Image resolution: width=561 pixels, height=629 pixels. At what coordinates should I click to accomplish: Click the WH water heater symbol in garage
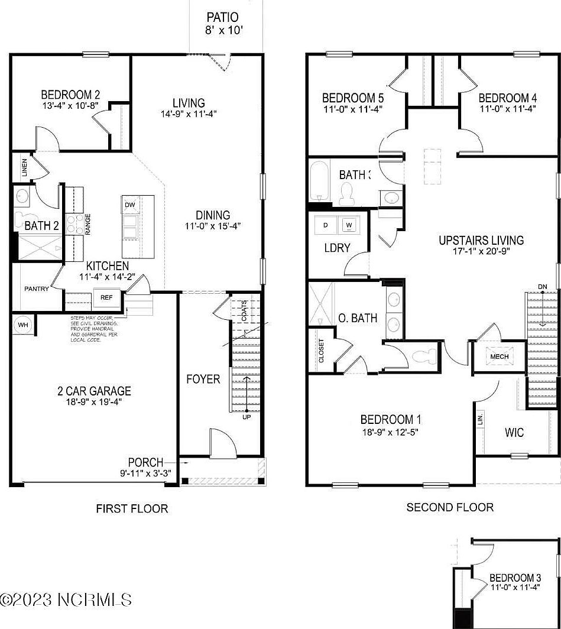pyautogui.click(x=24, y=325)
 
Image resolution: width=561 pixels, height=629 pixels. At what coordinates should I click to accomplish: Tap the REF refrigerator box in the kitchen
pyautogui.click(x=106, y=297)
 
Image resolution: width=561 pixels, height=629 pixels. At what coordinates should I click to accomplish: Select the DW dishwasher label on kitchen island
pyautogui.click(x=129, y=205)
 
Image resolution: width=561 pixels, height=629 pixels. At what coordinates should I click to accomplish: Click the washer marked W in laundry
pyautogui.click(x=349, y=225)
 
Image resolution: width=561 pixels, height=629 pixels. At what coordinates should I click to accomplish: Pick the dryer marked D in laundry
pyautogui.click(x=325, y=225)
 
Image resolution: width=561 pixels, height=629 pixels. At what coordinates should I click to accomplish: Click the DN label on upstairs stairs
pyautogui.click(x=542, y=287)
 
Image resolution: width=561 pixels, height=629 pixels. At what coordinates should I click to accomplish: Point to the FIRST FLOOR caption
pyautogui.click(x=132, y=508)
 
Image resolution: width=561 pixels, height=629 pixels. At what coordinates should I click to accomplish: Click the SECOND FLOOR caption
pyautogui.click(x=449, y=507)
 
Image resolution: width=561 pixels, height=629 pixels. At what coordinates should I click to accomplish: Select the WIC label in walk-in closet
pyautogui.click(x=514, y=433)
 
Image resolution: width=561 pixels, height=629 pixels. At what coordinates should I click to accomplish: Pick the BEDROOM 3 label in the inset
pyautogui.click(x=515, y=578)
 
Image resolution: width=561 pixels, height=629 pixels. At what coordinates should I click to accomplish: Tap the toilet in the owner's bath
pyautogui.click(x=424, y=356)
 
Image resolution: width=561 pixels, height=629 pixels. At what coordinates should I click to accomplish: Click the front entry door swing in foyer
pyautogui.click(x=222, y=443)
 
